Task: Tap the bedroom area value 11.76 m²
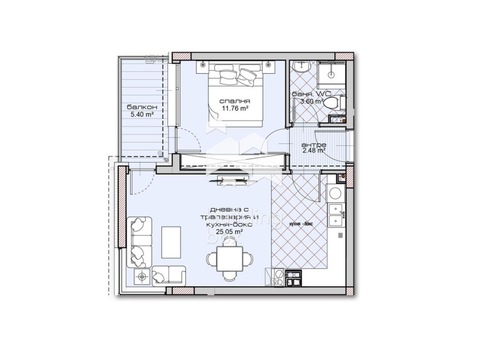235,109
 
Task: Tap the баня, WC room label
311,94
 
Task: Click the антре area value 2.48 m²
313,151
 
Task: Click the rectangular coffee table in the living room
171,241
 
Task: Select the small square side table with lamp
142,276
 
